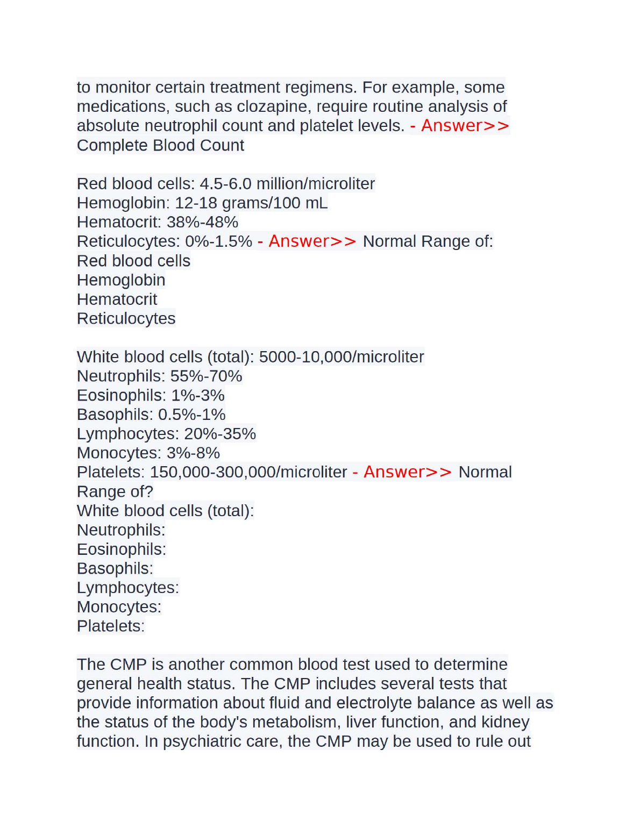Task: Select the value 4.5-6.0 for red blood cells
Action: (x=226, y=184)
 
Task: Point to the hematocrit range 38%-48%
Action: (x=203, y=222)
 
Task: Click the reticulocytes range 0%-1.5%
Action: (x=219, y=241)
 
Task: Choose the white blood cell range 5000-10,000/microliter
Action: (x=342, y=357)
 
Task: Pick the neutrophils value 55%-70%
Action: (x=207, y=376)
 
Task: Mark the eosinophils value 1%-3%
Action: (x=198, y=396)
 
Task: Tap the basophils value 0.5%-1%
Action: (x=192, y=415)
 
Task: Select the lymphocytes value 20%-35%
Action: (x=220, y=434)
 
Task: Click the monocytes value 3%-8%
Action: (x=193, y=453)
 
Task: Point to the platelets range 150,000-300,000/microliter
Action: (x=248, y=472)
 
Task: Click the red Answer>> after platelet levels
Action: (x=465, y=126)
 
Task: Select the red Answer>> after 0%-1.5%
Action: (x=312, y=241)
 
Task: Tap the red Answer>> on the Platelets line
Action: (x=408, y=472)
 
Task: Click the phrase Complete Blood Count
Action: (x=160, y=145)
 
